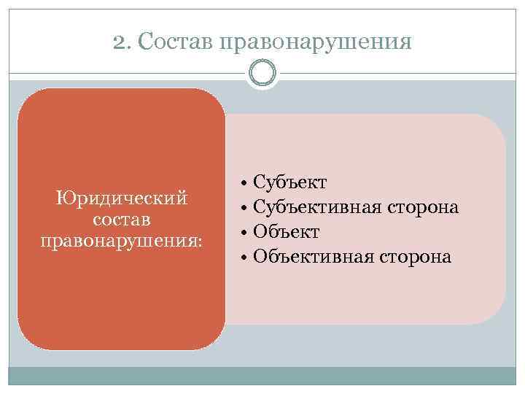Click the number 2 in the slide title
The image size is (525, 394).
119,42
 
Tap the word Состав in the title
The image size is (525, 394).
170,42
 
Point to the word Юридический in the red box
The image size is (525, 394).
122,198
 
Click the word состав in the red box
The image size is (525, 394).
122,219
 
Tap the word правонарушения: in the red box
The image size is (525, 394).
120,240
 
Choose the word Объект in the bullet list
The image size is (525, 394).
286,233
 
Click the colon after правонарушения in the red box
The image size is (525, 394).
200,242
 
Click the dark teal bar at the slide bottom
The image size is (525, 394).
262,376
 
